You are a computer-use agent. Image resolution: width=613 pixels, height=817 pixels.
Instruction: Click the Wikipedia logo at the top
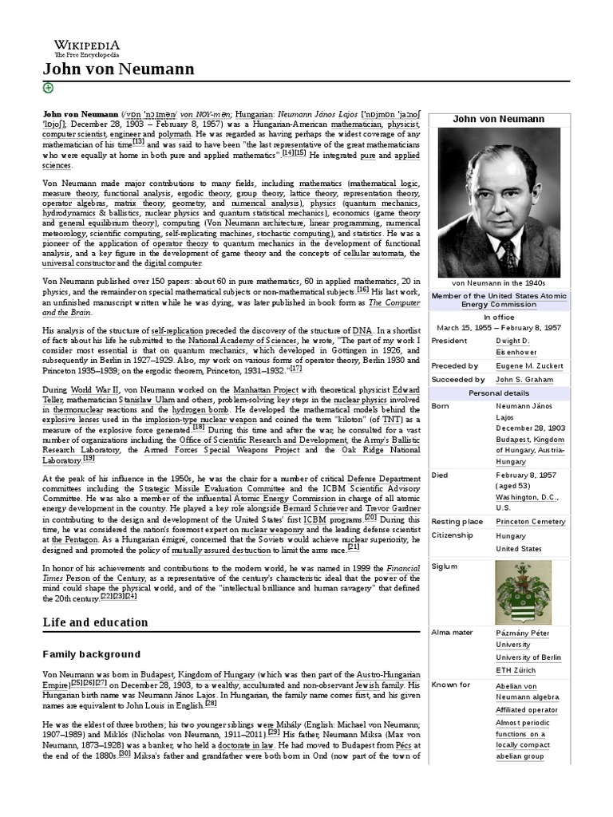(86, 48)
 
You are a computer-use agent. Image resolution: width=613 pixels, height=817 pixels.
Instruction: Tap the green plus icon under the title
(48, 88)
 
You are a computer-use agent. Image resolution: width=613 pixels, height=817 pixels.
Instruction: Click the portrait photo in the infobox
(499, 202)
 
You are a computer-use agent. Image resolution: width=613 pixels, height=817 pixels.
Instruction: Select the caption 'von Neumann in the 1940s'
(499, 283)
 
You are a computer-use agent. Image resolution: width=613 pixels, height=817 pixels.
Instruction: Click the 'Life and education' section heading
(95, 622)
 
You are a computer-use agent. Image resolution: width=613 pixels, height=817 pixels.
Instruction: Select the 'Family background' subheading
(91, 654)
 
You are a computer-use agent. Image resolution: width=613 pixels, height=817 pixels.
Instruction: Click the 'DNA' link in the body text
(361, 330)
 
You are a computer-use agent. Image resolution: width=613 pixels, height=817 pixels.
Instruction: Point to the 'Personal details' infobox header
(499, 393)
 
